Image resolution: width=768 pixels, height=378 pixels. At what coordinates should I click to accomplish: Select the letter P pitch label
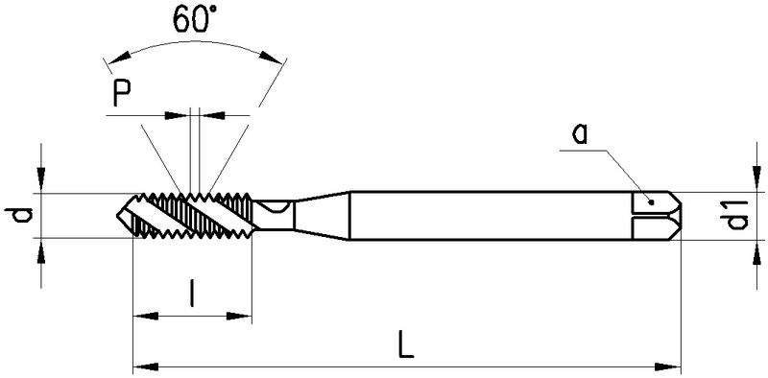(x=122, y=93)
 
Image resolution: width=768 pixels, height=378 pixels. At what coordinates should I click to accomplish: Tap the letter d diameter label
(x=18, y=216)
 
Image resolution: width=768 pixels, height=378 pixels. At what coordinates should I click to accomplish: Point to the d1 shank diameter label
(x=735, y=215)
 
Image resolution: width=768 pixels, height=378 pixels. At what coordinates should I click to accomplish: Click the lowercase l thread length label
(x=193, y=294)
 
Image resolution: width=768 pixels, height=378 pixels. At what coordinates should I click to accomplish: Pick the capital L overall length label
(x=406, y=344)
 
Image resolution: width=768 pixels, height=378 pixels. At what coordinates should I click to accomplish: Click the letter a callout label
(x=580, y=133)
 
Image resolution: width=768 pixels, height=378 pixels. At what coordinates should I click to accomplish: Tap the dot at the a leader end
(x=651, y=201)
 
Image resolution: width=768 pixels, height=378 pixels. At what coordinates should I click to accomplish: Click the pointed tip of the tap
(x=117, y=216)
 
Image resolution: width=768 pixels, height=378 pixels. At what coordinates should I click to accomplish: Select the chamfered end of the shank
(x=675, y=216)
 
